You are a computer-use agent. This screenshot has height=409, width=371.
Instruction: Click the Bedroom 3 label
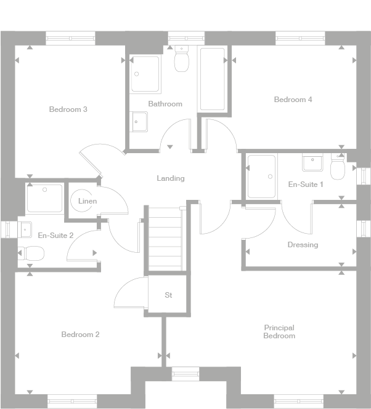68,109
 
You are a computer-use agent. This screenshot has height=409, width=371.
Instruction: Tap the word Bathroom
165,104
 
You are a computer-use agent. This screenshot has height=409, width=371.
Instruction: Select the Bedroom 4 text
293,100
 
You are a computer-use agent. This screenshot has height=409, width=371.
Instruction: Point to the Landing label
170,178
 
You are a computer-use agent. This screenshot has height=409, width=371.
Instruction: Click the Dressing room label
303,245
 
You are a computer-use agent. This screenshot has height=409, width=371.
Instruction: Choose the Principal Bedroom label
279,332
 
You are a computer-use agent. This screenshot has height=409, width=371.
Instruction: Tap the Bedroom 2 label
80,335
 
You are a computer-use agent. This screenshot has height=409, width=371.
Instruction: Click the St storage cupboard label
168,295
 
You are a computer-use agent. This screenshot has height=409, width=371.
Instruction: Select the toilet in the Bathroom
181,60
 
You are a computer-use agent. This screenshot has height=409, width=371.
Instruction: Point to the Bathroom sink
139,121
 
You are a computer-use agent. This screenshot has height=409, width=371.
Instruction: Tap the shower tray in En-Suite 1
261,177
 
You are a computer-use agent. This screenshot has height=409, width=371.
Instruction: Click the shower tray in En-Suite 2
44,198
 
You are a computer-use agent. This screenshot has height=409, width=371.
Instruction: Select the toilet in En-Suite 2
31,253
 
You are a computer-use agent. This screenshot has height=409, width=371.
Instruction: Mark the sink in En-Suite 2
24,229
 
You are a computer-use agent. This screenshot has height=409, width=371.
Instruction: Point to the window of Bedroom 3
71,38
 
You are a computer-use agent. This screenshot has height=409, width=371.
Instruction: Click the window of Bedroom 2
72,401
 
